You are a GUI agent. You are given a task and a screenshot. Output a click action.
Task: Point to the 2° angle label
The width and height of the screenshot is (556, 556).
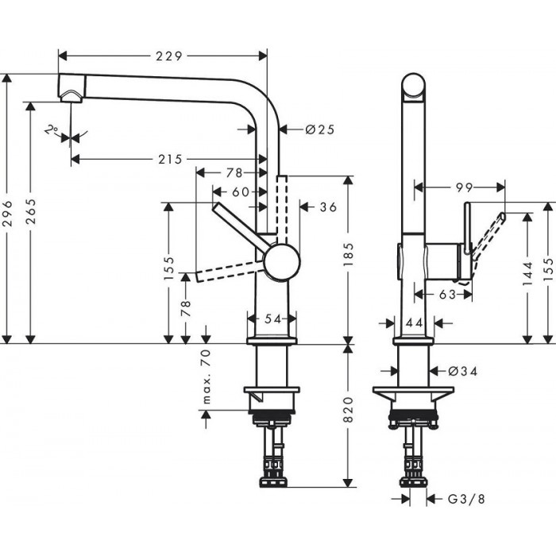pyautogui.click(x=53, y=129)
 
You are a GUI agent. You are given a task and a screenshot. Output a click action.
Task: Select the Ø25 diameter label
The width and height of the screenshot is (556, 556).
pyautogui.click(x=319, y=129)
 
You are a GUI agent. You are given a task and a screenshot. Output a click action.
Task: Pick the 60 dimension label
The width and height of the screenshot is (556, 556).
pyautogui.click(x=241, y=191)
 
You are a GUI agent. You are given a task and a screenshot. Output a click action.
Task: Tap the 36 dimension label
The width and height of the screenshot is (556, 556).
pyautogui.click(x=328, y=207)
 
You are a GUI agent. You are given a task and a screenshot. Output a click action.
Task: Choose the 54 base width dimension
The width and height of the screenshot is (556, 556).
pyautogui.click(x=273, y=318)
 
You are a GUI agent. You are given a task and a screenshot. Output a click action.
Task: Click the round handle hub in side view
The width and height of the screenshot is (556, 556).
pyautogui.click(x=281, y=262)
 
